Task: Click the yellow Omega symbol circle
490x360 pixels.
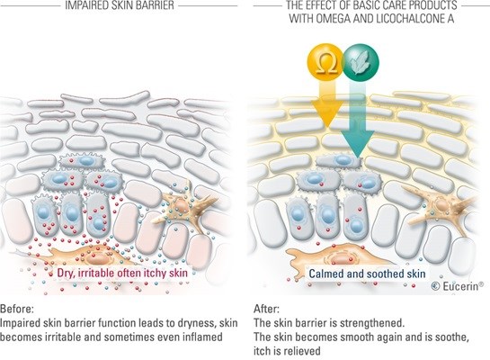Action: [326, 63]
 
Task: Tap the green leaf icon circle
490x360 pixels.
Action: [361, 63]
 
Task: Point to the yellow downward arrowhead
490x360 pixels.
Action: [326, 115]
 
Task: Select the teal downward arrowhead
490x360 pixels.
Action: [358, 142]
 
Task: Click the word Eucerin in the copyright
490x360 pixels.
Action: [463, 286]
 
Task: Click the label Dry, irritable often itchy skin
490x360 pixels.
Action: [122, 273]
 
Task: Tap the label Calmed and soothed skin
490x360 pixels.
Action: [367, 274]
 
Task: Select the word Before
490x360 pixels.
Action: [17, 309]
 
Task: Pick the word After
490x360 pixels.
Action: [266, 309]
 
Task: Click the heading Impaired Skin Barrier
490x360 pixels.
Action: [120, 5]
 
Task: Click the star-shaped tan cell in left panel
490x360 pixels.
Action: [183, 206]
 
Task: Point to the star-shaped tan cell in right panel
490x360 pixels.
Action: [441, 206]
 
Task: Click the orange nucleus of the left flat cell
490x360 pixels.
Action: [96, 258]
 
